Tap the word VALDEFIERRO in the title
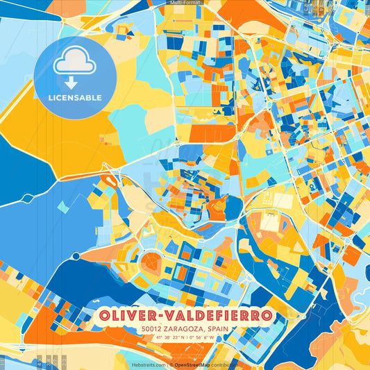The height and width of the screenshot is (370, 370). (217, 316)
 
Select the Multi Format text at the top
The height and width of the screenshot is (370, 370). (185, 3)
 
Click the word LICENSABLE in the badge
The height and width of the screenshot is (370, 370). (74, 98)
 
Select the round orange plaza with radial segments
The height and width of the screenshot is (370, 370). (151, 263)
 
